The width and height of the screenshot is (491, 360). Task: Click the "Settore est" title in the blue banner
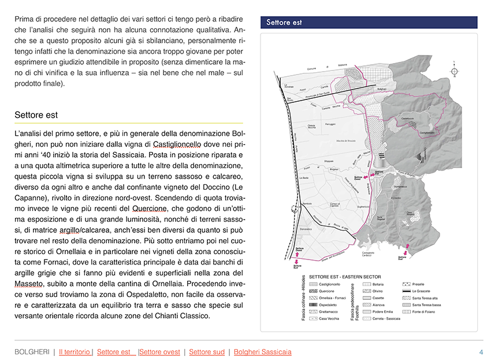(x=284, y=23)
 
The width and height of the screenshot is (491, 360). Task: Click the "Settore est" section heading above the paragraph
(x=36, y=115)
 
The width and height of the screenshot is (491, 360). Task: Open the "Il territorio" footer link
(x=75, y=352)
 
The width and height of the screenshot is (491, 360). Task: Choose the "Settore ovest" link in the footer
(x=160, y=352)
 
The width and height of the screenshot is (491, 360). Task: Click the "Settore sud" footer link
(x=207, y=352)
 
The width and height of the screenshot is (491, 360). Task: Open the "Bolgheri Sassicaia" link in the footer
(x=263, y=352)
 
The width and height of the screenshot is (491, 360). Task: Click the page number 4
(x=481, y=352)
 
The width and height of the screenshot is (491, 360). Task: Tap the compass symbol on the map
(x=455, y=71)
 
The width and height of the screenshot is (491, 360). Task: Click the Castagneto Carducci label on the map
(x=370, y=255)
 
